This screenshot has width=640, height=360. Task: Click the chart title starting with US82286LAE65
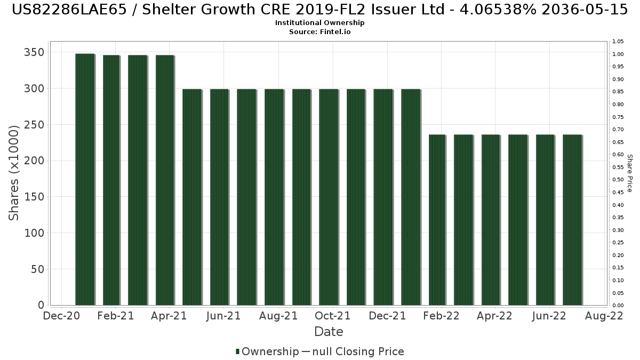click(319, 10)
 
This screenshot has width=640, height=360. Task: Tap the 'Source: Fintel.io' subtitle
click(319, 32)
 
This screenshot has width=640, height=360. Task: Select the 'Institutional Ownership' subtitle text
click(319, 23)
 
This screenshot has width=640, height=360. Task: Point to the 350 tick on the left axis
click(34, 52)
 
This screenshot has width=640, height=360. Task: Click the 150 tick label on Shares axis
click(34, 197)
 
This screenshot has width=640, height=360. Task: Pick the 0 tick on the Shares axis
click(41, 305)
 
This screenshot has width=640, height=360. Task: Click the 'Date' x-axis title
click(329, 332)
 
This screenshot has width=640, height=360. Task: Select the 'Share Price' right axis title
click(630, 173)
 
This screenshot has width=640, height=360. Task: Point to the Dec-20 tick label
click(61, 316)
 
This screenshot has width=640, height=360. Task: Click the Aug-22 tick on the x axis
click(605, 316)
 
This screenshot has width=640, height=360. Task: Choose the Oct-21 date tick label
click(333, 316)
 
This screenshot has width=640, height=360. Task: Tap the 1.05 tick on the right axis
click(618, 42)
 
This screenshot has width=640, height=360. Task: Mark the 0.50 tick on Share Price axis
click(618, 180)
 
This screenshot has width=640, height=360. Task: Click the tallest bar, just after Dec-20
click(85, 179)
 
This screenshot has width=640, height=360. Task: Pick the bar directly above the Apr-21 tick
click(165, 180)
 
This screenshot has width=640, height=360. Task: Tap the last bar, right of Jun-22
click(572, 220)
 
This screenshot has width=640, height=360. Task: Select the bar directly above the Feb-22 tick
click(437, 220)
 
